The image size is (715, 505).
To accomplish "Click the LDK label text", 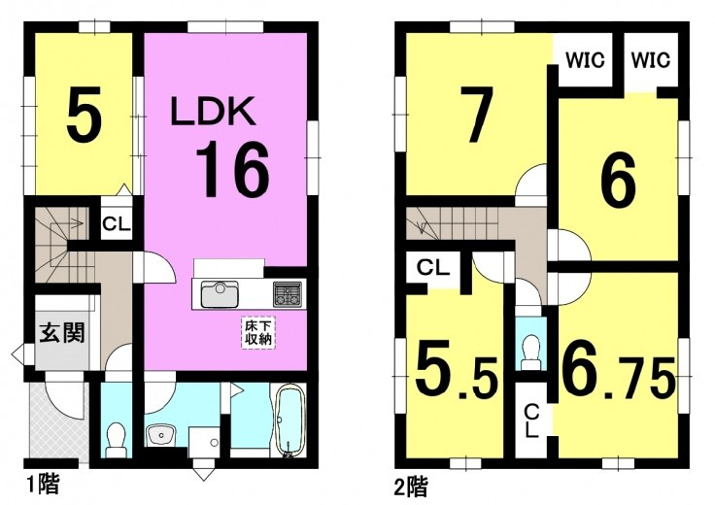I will coord(213,112).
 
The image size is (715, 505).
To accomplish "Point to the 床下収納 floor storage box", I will coord(258,331).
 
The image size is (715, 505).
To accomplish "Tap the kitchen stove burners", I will coord(289,291).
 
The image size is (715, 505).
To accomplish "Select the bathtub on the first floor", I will coord(289,421).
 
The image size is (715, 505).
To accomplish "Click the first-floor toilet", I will coord(117,438).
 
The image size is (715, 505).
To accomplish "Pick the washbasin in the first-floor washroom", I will coord(160,434).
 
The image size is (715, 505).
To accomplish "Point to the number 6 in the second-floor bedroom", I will coord(617,182).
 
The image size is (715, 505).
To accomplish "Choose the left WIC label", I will coord(585,60).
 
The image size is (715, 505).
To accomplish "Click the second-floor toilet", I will coord(529,349).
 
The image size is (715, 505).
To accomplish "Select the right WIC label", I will coord(650,60).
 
